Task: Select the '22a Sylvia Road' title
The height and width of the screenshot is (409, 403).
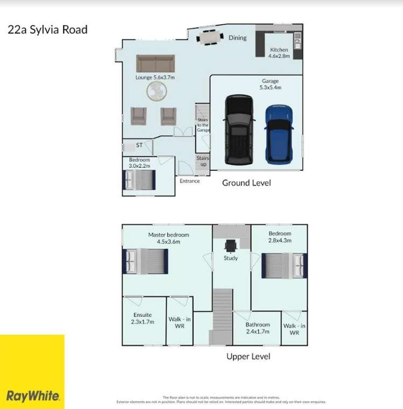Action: pyautogui.click(x=47, y=29)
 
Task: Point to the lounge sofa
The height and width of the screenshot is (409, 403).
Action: pyautogui.click(x=155, y=63)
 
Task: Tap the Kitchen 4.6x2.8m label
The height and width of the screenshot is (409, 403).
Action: pyautogui.click(x=279, y=53)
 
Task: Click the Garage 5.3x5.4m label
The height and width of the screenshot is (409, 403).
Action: pyautogui.click(x=271, y=85)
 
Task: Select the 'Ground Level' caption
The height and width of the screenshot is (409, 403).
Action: pyautogui.click(x=246, y=183)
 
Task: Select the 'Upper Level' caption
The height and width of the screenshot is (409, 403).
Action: pyautogui.click(x=248, y=356)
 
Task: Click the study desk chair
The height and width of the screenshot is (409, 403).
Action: pyautogui.click(x=231, y=245)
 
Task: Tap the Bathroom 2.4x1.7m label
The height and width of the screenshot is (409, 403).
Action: pyautogui.click(x=258, y=328)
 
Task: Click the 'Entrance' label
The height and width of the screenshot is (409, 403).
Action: pyautogui.click(x=189, y=181)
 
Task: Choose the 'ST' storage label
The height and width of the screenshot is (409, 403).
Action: pyautogui.click(x=139, y=145)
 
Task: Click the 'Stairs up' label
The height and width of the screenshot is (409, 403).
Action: pyautogui.click(x=202, y=161)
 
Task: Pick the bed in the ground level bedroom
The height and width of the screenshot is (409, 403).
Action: pyautogui.click(x=140, y=180)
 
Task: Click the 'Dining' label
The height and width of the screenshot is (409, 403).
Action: pyautogui.click(x=237, y=38)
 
